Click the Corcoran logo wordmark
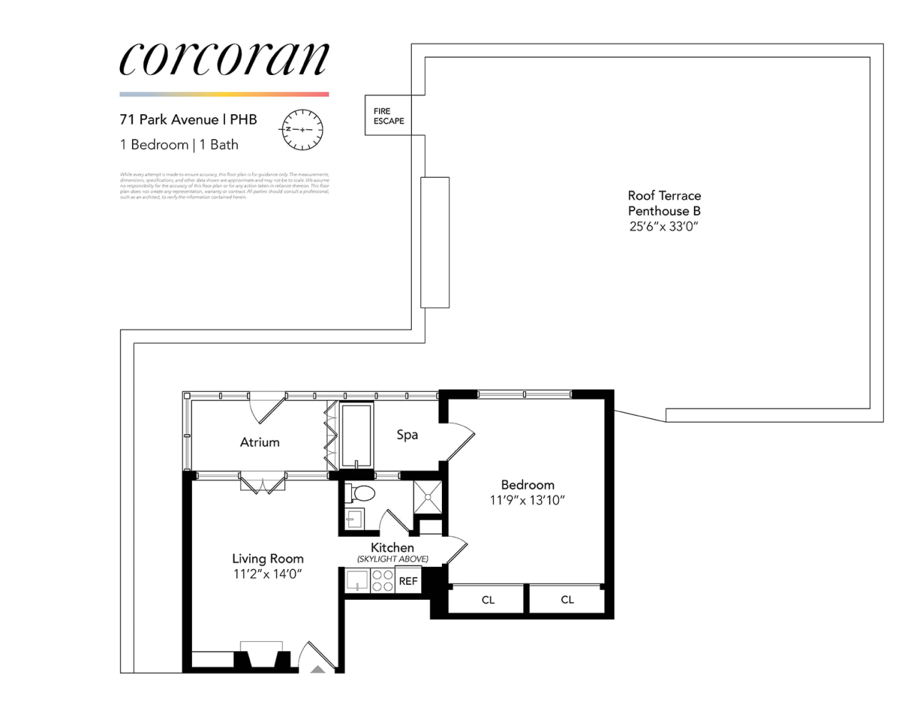point(223,59)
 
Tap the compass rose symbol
point(302,130)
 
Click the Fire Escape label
point(388,116)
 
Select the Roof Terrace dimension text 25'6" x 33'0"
point(663,226)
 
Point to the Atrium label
point(259,442)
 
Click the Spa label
point(407,434)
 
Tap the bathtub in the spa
point(356,435)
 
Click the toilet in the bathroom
point(362,493)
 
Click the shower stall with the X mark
point(428,497)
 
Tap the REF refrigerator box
point(408,581)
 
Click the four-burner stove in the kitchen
point(383,580)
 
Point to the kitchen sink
point(356,580)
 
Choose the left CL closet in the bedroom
point(488,600)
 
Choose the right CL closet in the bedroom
point(567,600)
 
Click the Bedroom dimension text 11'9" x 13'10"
point(527,501)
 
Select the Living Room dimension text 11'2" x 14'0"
point(268,574)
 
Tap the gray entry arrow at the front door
point(318,669)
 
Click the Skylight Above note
point(393,559)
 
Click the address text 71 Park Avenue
point(169,119)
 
